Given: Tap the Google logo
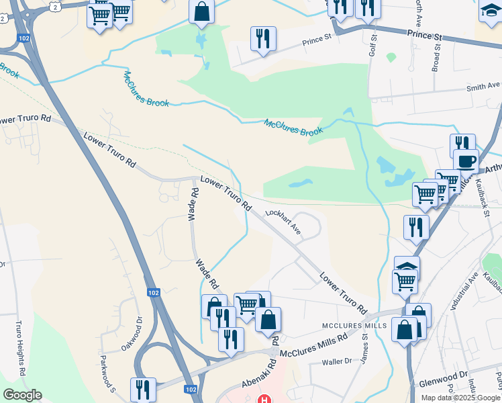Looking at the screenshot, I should coord(22,395).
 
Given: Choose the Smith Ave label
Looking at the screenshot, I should coord(484,87).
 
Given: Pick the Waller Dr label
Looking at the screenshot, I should coord(337,361).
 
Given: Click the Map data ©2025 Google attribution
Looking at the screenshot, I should coord(460,398).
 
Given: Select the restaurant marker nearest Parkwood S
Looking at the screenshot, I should coord(143,389).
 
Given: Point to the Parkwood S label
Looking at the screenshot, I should coord(108,376).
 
